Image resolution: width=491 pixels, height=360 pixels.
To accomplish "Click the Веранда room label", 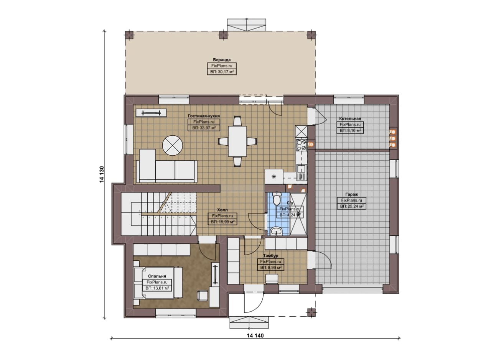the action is pyautogui.click(x=222, y=60).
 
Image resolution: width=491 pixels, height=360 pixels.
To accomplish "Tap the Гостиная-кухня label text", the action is pyautogui.click(x=204, y=116).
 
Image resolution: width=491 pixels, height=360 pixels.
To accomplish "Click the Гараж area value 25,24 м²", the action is pyautogui.click(x=352, y=206).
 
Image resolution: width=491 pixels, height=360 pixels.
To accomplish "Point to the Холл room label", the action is pyautogui.click(x=222, y=210).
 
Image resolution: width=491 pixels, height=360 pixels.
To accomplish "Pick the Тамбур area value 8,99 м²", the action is pyautogui.click(x=271, y=268).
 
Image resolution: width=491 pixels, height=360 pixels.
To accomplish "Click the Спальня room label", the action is pyautogui.click(x=157, y=276).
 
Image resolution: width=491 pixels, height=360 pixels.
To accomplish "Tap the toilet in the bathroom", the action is pyautogui.click(x=277, y=198).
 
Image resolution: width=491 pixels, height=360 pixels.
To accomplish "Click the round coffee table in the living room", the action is pyautogui.click(x=173, y=145).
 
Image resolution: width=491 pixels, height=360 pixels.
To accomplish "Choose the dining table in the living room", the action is pyautogui.click(x=237, y=141).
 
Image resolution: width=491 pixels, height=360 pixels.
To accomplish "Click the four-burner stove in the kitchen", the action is pyautogui.click(x=301, y=145).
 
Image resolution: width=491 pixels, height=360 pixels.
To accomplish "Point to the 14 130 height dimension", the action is pyautogui.click(x=102, y=174).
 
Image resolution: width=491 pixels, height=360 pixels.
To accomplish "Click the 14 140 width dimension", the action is pyautogui.click(x=255, y=342).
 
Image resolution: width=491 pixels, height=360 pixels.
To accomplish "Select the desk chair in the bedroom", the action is pyautogui.click(x=203, y=295).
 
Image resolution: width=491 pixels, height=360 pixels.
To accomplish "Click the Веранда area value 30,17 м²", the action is pyautogui.click(x=222, y=72).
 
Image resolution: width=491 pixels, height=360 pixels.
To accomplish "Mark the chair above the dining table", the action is pyautogui.click(x=237, y=121).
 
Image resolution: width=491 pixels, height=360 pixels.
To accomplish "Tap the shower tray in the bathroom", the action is pyautogui.click(x=298, y=214).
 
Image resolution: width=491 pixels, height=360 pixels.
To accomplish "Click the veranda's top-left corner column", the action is pyautogui.click(x=129, y=35).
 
